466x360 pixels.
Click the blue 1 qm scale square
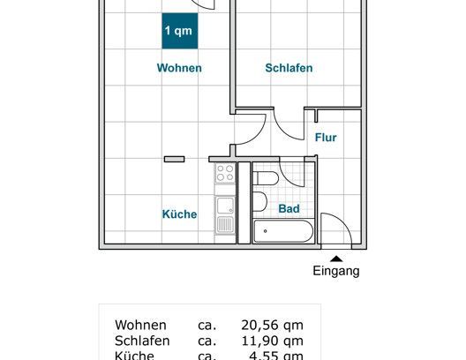tap(179, 31)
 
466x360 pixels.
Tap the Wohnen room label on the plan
tap(179, 68)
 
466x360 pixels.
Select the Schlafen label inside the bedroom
tap(289, 68)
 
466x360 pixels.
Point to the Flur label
tap(326, 138)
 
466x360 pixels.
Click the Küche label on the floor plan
tap(179, 214)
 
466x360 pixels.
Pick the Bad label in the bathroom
tap(289, 209)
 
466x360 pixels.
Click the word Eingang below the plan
tap(336, 272)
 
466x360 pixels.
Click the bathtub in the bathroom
tap(282, 232)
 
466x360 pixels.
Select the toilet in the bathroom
tap(266, 179)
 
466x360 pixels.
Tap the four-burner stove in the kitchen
tap(225, 173)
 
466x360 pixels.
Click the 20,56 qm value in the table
tap(272, 324)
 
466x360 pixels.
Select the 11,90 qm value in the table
tap(272, 341)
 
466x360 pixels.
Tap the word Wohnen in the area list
tap(139, 324)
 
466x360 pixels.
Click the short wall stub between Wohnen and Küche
tap(173, 159)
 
